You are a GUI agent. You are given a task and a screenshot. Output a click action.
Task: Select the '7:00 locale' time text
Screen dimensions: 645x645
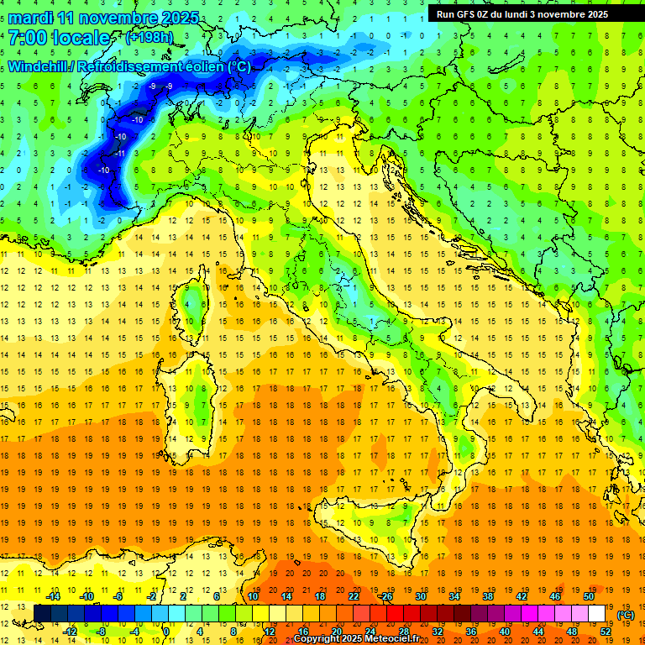click(x=59, y=38)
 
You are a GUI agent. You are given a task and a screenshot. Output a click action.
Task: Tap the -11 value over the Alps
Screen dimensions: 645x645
click(x=121, y=154)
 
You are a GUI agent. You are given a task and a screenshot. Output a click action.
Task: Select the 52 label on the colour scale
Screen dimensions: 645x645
click(x=606, y=632)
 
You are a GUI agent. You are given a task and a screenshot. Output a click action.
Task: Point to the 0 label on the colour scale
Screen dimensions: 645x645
click(x=166, y=632)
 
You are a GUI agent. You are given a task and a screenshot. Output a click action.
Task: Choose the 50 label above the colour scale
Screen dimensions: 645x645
click(x=589, y=596)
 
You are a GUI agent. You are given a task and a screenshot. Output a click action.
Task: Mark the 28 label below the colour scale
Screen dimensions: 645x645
click(x=404, y=632)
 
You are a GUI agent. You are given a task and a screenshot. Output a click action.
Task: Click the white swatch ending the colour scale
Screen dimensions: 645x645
click(x=597, y=614)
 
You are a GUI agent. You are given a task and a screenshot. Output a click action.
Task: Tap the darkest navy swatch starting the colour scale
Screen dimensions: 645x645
click(x=43, y=614)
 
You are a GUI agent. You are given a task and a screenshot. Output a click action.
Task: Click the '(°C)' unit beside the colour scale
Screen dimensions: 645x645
click(x=626, y=615)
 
